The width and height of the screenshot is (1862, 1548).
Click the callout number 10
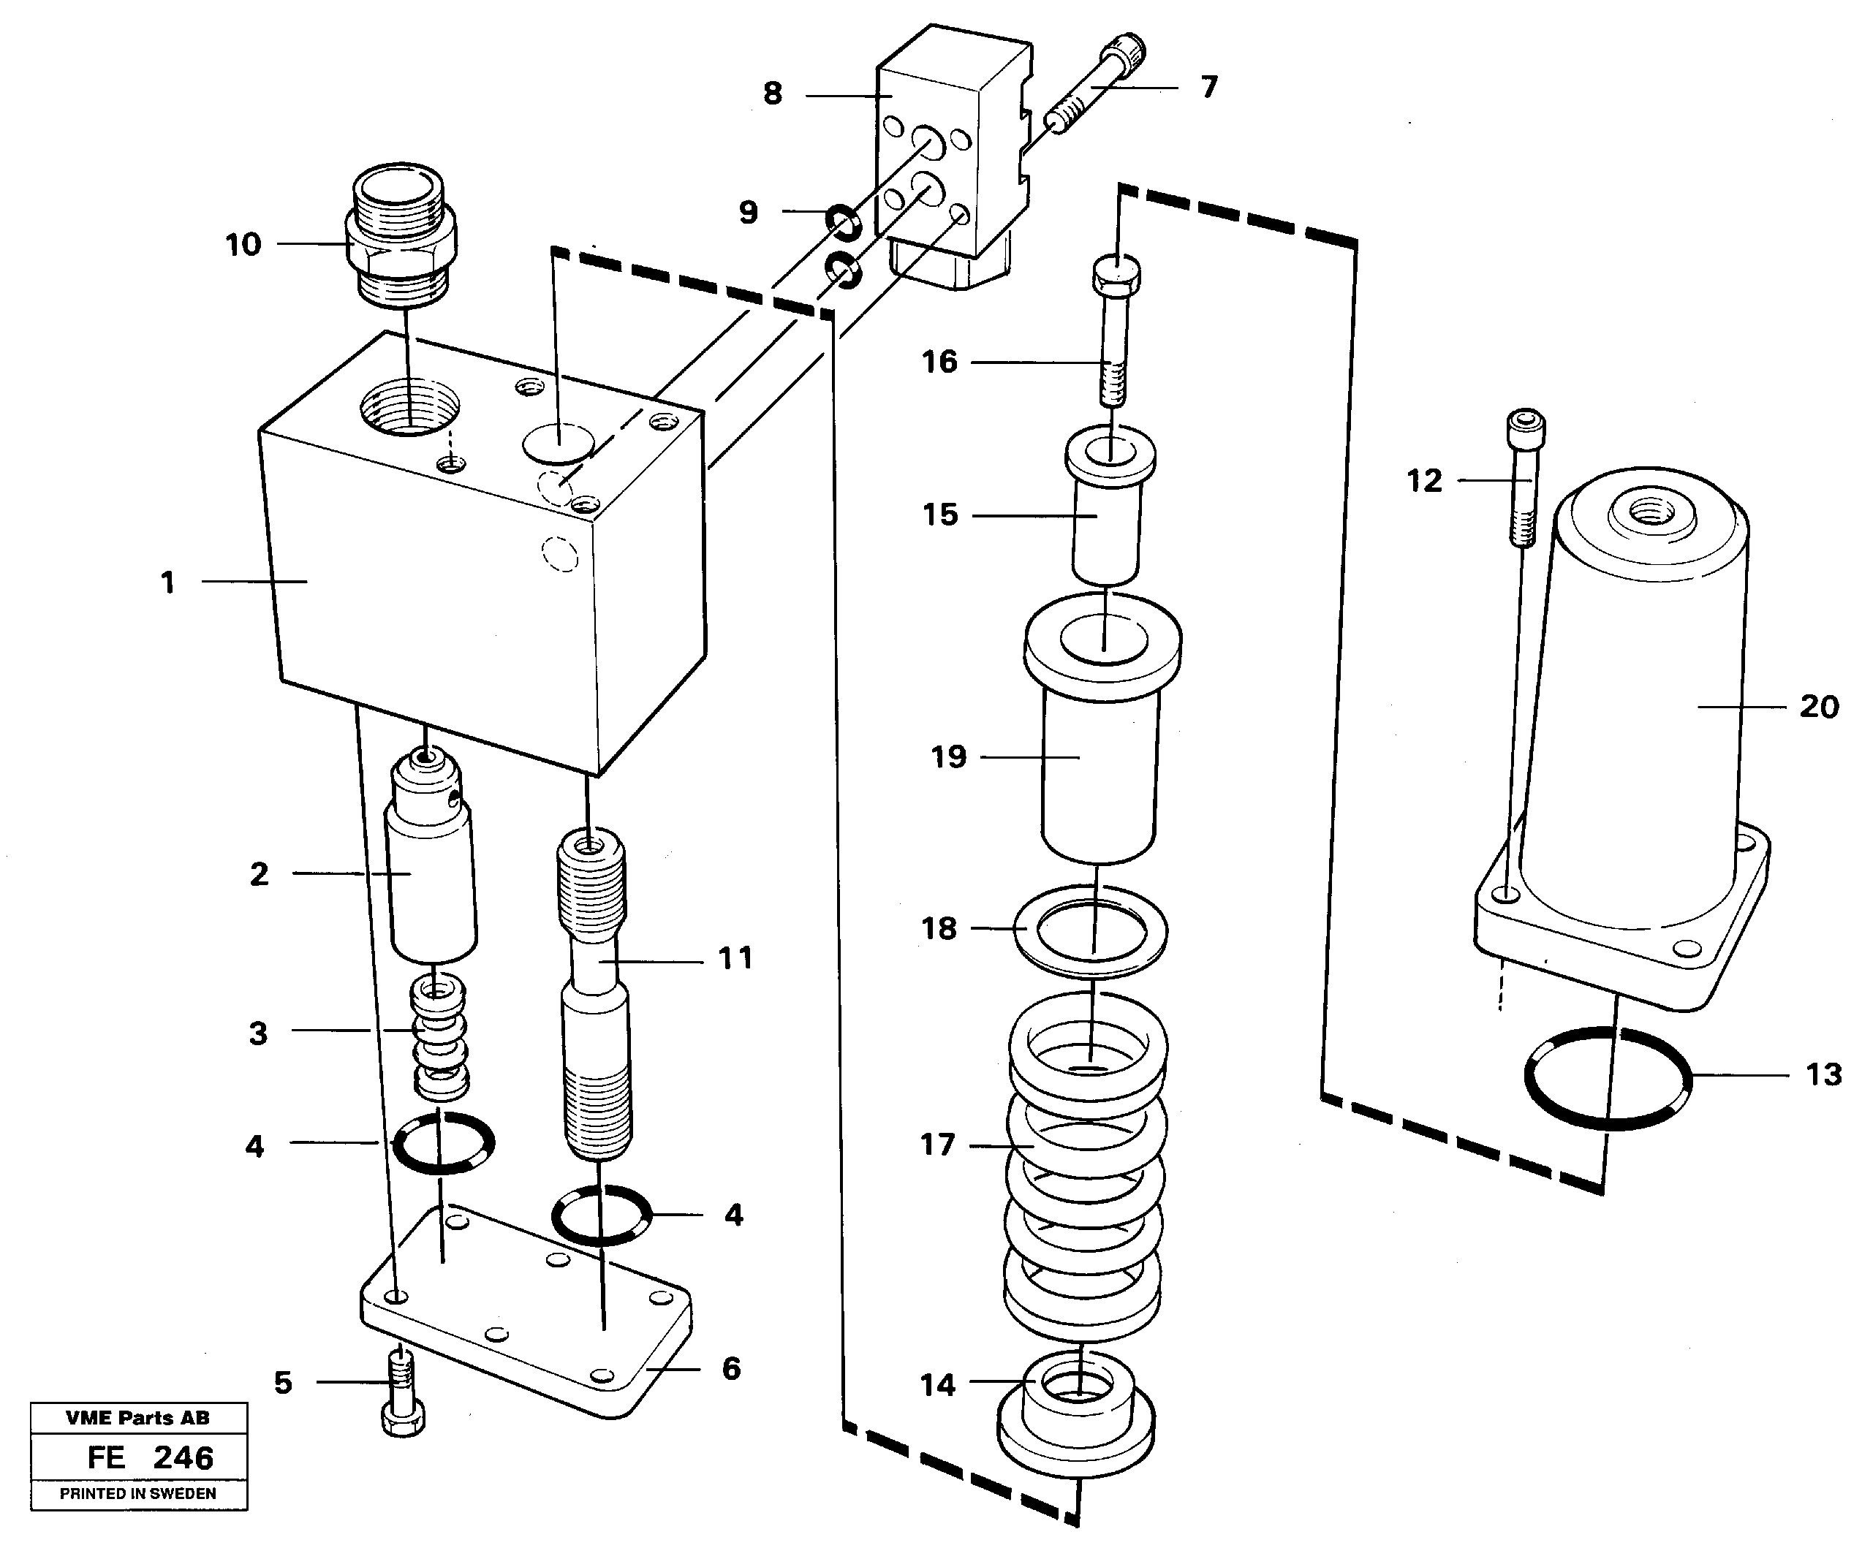[x=243, y=245]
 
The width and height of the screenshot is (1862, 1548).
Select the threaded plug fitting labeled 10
[x=401, y=234]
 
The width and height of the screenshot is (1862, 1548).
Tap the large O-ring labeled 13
[x=1607, y=1077]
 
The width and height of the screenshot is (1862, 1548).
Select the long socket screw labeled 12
[x=1524, y=479]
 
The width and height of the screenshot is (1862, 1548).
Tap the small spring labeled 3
[x=441, y=1036]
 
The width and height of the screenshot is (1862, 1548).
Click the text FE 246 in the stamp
[x=150, y=1457]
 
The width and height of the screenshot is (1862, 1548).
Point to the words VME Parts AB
[x=137, y=1418]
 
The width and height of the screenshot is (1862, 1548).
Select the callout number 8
[x=772, y=93]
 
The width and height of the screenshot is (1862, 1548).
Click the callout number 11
[x=734, y=958]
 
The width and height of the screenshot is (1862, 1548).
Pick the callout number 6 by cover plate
[x=730, y=1368]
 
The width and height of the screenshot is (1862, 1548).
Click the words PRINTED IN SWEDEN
[x=137, y=1494]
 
